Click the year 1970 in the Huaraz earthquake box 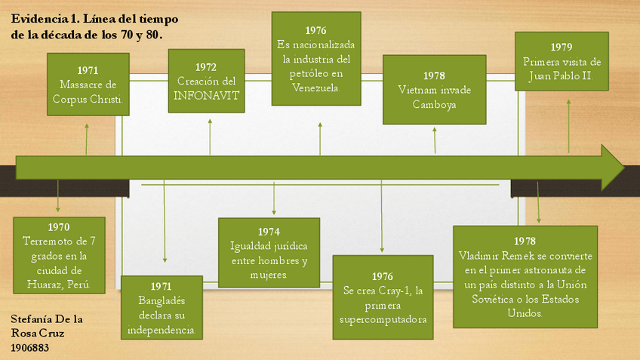tap(58, 226)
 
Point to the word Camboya tap(433, 104)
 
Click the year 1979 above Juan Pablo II tap(562, 48)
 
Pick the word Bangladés tap(162, 300)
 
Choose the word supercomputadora tap(383, 319)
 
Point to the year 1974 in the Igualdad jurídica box tap(269, 232)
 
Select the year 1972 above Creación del tap(206, 67)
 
